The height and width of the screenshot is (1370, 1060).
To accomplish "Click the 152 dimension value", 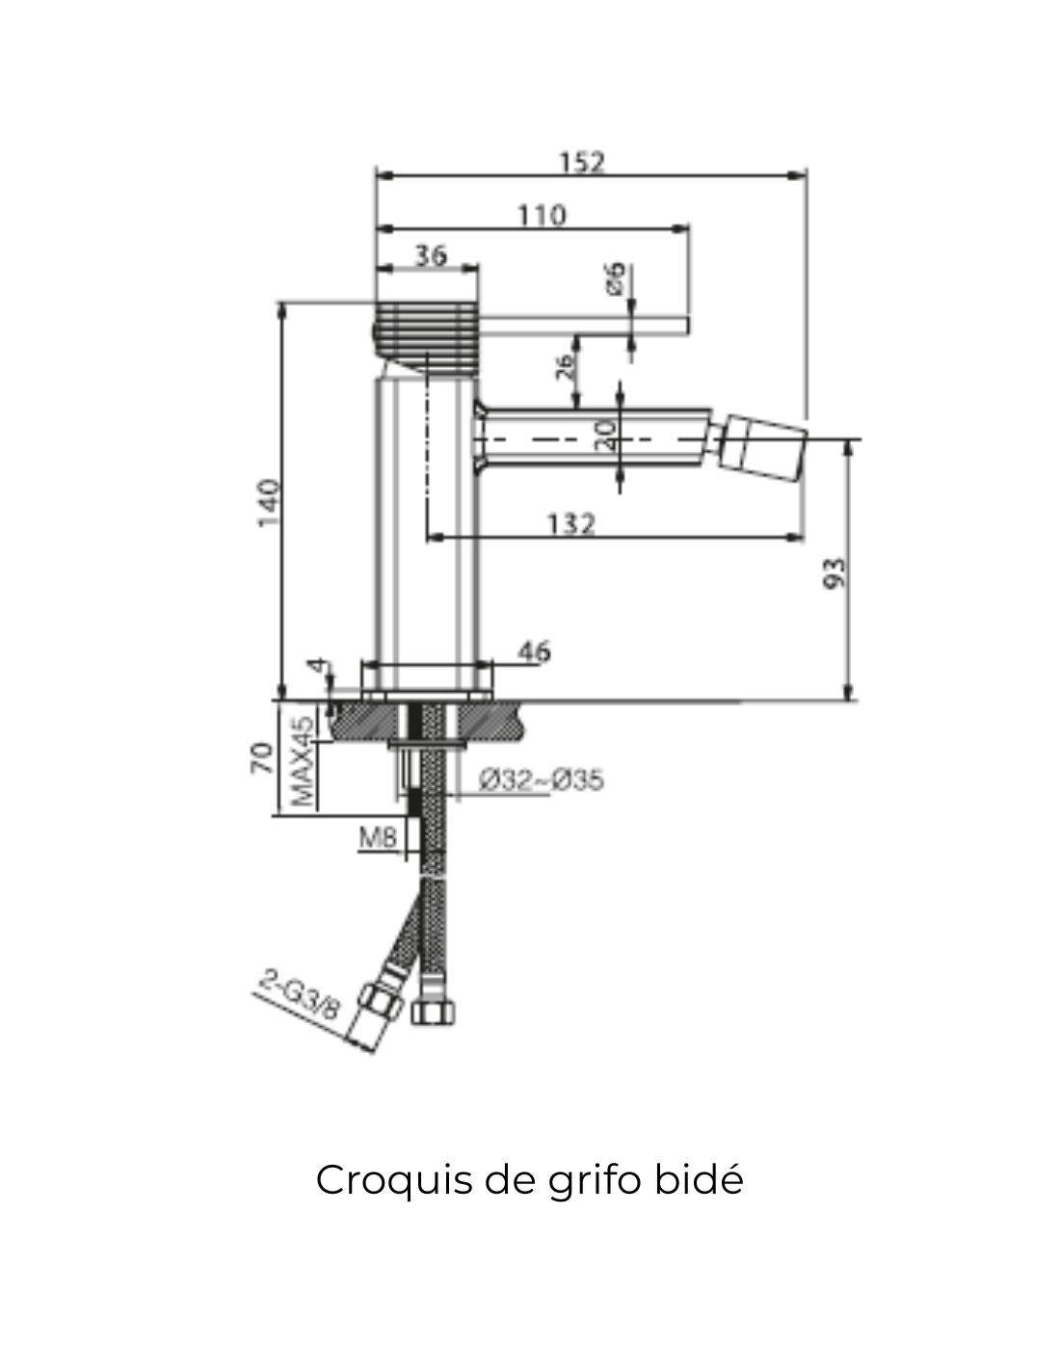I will pos(583,161).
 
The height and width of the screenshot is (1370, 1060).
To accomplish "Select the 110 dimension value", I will pos(543,214).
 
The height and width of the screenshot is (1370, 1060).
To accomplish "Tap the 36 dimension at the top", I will pos(431,255).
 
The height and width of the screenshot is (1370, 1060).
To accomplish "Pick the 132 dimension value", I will pos(571,524).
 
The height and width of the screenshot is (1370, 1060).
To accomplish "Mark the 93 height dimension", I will pos(835,572).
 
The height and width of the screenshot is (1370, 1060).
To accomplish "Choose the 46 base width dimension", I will pos(534,652).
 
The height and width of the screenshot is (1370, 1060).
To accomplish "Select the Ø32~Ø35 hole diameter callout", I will pos(541,779).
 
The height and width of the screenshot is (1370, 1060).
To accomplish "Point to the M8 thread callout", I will pos(378,837).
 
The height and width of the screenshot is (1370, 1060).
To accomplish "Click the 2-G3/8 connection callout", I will pos(300,995).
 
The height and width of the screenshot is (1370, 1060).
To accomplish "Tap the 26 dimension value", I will pos(566,364).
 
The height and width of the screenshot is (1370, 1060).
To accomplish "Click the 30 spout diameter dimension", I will pos(605,436).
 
